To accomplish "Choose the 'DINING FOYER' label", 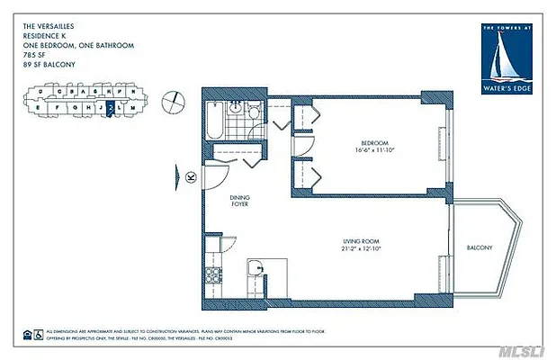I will [238, 200].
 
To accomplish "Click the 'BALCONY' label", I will [480, 247].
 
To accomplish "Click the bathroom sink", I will [236, 109].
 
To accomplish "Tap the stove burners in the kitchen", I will [214, 274].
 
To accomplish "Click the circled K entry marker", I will [191, 177].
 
